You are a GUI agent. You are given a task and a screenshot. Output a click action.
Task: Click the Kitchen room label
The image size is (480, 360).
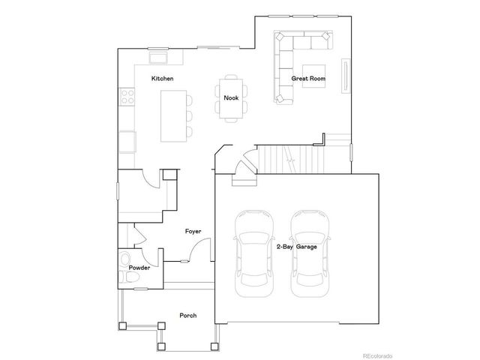163,79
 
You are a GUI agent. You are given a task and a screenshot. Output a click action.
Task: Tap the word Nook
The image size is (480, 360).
231,97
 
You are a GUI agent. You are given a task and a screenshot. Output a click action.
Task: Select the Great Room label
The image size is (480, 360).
308,79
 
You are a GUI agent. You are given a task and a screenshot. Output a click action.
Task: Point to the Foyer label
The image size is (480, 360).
193,231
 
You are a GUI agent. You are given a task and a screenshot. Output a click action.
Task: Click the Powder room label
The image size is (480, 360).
139,268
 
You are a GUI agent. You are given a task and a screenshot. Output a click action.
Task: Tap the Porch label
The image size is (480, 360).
187,315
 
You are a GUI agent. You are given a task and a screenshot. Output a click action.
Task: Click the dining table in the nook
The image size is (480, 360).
230,97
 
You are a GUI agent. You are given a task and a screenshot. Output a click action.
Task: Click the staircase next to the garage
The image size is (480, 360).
292,159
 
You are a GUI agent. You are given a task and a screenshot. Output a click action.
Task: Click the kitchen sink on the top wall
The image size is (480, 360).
159,58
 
